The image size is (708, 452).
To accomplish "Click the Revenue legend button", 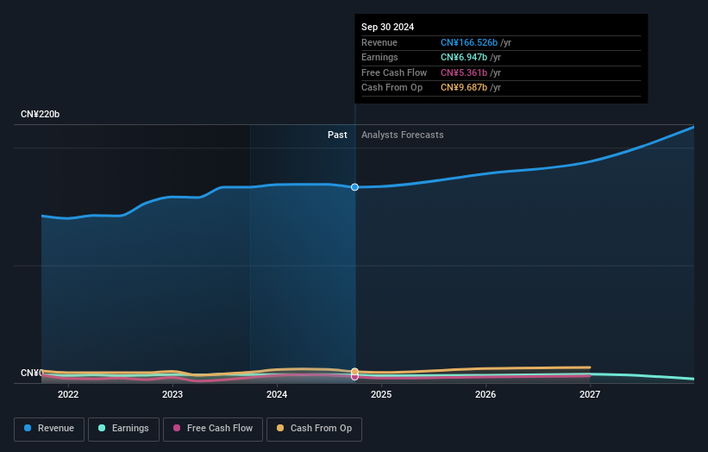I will pyautogui.click(x=49, y=428).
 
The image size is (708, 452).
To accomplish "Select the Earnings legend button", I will pyautogui.click(x=123, y=428).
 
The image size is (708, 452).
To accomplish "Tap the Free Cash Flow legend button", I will pyautogui.click(x=213, y=428).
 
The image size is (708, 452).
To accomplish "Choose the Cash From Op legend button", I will pyautogui.click(x=316, y=428).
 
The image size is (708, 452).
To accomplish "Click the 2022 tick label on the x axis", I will pyautogui.click(x=68, y=394).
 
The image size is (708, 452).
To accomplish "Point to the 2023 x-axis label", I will pyautogui.click(x=172, y=394).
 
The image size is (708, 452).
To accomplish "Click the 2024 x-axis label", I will pyautogui.click(x=277, y=394).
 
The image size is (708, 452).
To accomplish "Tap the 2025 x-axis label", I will pyautogui.click(x=381, y=394).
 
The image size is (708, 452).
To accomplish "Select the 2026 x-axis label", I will pyautogui.click(x=486, y=394).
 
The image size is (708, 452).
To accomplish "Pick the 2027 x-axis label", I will pyautogui.click(x=590, y=394).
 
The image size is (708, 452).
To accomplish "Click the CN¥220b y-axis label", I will pyautogui.click(x=41, y=115).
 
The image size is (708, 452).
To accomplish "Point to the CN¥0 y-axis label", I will pyautogui.click(x=32, y=373).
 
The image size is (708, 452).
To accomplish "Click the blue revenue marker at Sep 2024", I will pyautogui.click(x=354, y=187).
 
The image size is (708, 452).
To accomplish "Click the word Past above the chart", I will pyautogui.click(x=337, y=135).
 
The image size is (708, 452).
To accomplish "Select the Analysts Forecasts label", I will pyautogui.click(x=403, y=135).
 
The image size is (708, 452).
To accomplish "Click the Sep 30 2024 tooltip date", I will pyautogui.click(x=387, y=27).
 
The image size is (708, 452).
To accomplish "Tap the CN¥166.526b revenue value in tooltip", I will pyautogui.click(x=469, y=42).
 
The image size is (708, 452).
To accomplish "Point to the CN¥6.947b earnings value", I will pyautogui.click(x=464, y=57).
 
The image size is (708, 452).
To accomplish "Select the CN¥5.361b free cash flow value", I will pyautogui.click(x=464, y=72).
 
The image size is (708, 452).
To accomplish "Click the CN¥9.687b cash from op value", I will pyautogui.click(x=464, y=87).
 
